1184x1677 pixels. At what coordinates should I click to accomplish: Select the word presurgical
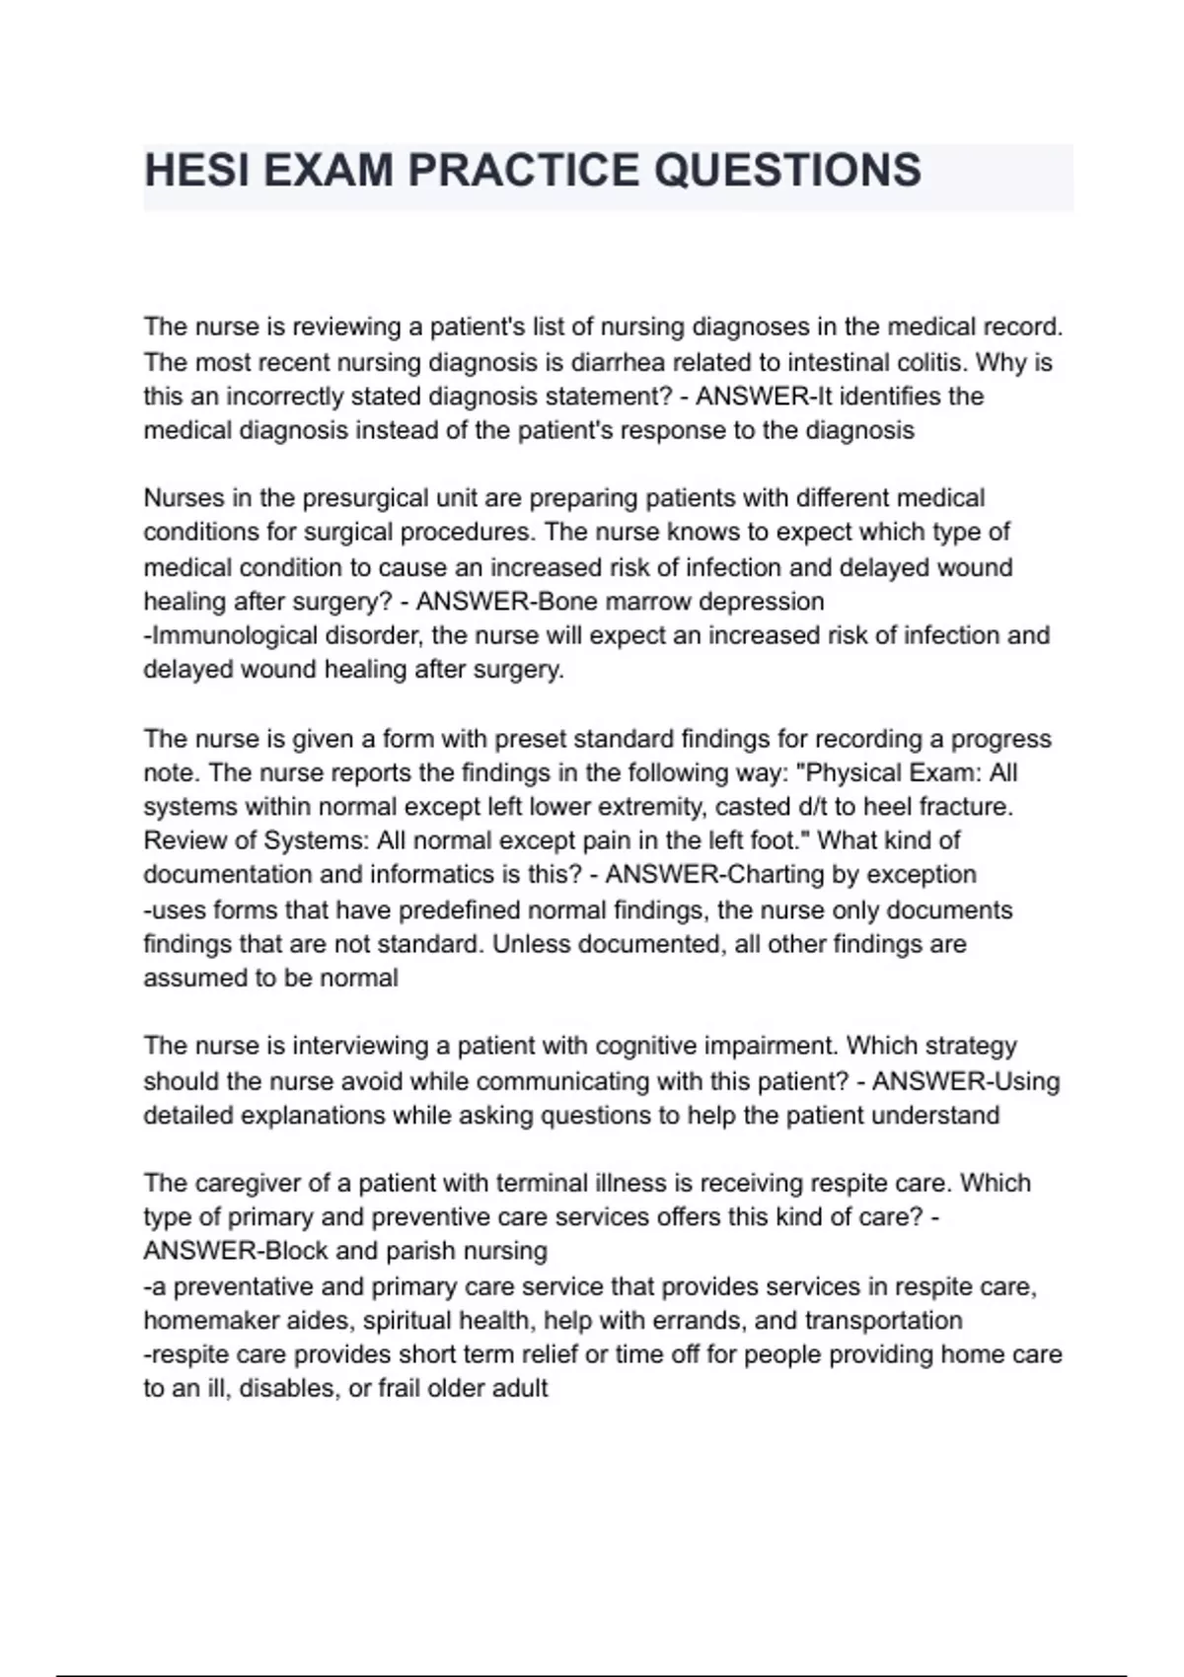tap(367, 497)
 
